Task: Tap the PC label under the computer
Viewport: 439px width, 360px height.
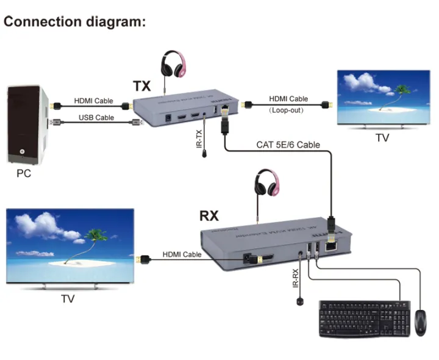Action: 24,173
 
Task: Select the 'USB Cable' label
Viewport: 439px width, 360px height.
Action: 96,117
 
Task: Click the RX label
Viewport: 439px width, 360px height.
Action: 210,216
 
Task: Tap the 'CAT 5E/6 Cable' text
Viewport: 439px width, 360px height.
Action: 288,145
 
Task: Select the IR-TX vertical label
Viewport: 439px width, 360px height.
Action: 198,139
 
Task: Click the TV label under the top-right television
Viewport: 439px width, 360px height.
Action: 382,138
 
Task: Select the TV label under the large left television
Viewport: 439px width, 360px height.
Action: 68,299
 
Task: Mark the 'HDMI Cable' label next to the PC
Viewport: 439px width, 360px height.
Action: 93,101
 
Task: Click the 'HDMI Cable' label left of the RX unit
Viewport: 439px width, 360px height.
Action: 182,254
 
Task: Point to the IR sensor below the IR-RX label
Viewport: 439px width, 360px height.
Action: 301,301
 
